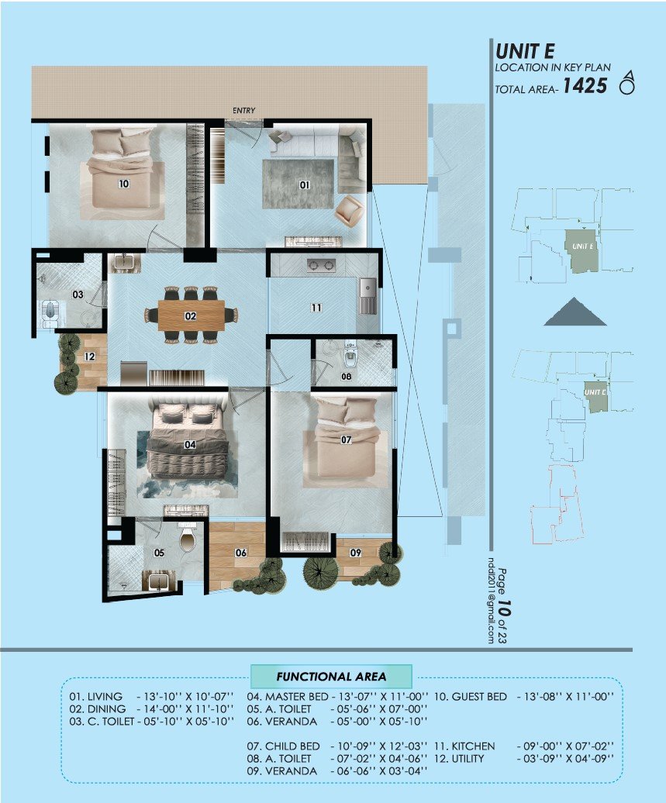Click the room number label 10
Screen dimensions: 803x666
pyautogui.click(x=123, y=184)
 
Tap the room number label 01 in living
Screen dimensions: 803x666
pyautogui.click(x=304, y=184)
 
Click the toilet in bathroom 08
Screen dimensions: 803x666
pyautogui.click(x=350, y=357)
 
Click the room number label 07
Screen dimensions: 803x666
pyautogui.click(x=346, y=439)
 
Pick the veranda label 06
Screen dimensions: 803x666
pyautogui.click(x=240, y=553)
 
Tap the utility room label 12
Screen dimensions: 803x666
pyautogui.click(x=90, y=357)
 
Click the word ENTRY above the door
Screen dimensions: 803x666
pyautogui.click(x=243, y=111)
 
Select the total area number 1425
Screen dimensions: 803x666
pyautogui.click(x=585, y=86)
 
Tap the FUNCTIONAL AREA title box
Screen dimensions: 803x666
pyautogui.click(x=331, y=676)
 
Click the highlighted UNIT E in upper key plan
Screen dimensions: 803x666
pyautogui.click(x=581, y=249)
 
